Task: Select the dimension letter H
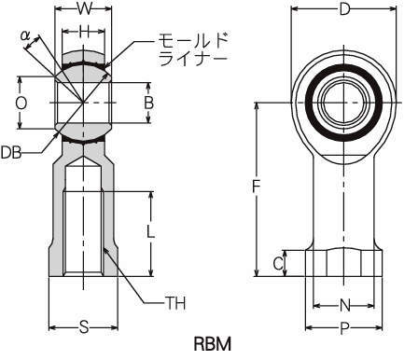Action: pos(83,32)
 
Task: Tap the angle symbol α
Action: pos(25,35)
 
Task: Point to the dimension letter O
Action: pos(21,104)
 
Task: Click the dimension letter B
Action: pos(149,103)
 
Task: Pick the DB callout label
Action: pos(11,153)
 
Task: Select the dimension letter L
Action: pos(150,231)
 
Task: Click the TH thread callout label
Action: pos(175,303)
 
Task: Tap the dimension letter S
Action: pos(84,327)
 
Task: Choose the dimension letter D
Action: pos(344,9)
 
